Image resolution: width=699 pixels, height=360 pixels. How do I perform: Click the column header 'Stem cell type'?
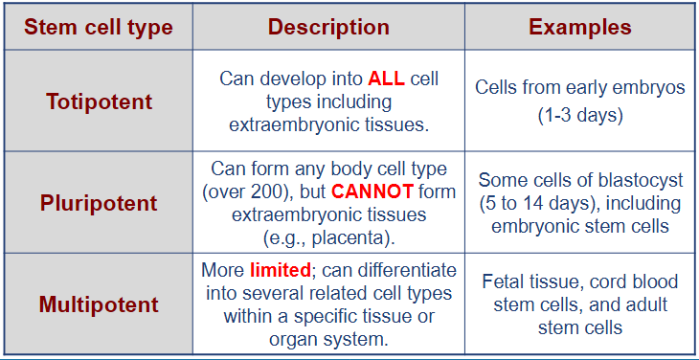coord(98,27)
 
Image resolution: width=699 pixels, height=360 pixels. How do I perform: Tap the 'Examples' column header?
coord(579,27)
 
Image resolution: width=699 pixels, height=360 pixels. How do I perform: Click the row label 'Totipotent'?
coord(99,101)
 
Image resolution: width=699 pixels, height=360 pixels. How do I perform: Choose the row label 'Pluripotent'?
coord(99,203)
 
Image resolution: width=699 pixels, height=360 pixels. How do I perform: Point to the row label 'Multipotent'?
coord(99,304)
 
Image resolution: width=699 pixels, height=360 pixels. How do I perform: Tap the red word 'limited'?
coord(279,270)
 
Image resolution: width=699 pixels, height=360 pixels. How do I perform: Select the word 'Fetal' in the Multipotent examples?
coord(505,281)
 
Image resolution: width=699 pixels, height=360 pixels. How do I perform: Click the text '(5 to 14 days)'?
coord(532,203)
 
